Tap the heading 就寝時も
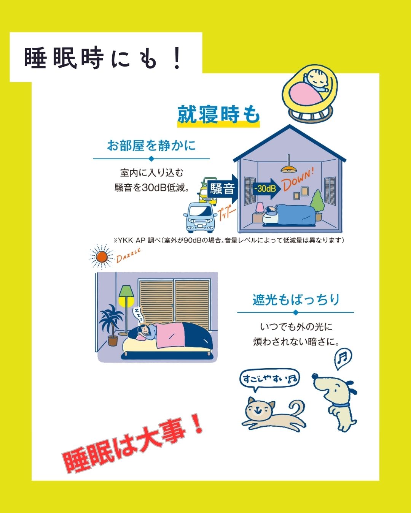coord(218,115)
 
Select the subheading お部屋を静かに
coord(151,145)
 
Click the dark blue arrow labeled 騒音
coord(223,189)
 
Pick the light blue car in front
coord(199,217)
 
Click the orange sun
coord(102,257)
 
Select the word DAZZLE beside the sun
coord(128,255)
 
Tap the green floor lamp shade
coord(126,291)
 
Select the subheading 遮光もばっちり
coord(296,300)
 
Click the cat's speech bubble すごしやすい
coord(269,378)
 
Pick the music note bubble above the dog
coord(343,359)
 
